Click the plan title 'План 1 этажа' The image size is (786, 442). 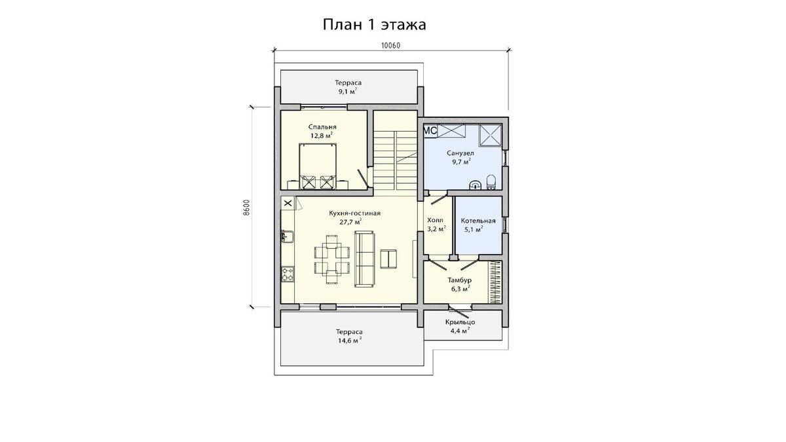click(374, 25)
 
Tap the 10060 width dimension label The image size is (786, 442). click(390, 46)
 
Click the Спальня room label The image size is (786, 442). click(322, 127)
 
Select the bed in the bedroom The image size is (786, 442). click(318, 166)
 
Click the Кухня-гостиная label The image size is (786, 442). click(354, 213)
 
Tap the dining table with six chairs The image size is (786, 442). click(332, 259)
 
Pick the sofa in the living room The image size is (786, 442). click(364, 259)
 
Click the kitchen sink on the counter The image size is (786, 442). click(288, 236)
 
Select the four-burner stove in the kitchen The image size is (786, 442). click(288, 274)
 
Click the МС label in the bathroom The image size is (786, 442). click(430, 131)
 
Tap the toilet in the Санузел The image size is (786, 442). click(491, 182)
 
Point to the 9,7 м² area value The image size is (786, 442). click(461, 162)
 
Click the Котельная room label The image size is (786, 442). click(478, 221)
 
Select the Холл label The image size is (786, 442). click(435, 220)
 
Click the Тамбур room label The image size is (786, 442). click(460, 280)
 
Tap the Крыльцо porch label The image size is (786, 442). click(460, 322)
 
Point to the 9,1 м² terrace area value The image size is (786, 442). click(348, 92)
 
